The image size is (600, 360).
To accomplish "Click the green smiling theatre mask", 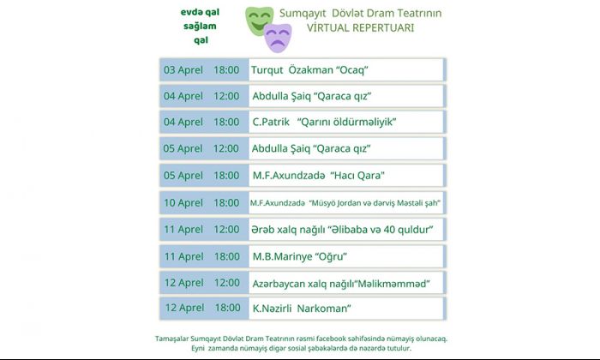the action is point(258,21).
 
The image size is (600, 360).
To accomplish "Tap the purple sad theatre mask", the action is point(279,38).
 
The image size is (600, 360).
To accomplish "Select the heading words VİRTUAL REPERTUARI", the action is point(360,28).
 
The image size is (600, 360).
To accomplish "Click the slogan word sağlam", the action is point(200,27).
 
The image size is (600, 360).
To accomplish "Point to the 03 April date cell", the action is point(183,70).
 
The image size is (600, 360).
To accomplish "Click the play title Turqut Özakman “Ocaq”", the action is point(309,70).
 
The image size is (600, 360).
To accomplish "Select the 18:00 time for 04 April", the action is point(226,122).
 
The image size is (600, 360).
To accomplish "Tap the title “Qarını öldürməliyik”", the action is point(346,122).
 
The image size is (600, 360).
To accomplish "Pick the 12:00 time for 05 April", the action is point(225,148).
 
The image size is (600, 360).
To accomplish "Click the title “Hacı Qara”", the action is point(357,176).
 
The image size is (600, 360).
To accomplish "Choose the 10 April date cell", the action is point(183,203).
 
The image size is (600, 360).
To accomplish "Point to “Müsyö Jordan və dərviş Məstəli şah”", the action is point(375,203).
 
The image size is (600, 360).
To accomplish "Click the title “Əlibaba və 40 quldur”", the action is point(381,230).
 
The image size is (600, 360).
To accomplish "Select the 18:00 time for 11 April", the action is point(227,256).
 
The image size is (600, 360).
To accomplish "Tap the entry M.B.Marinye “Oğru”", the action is point(300,256).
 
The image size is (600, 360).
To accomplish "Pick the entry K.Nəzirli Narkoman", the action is point(302,309).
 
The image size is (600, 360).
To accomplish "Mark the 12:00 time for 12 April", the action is point(227,283).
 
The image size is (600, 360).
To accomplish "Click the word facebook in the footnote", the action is point(331,339).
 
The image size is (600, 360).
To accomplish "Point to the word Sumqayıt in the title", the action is point(303,14).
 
